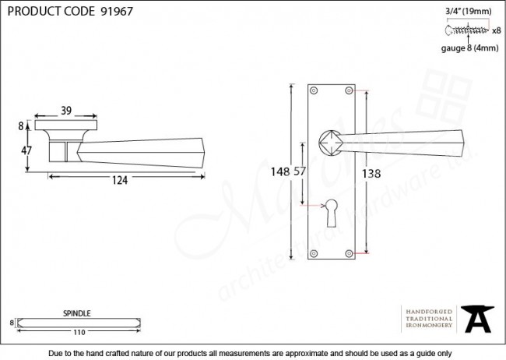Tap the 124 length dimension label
coord(120,181)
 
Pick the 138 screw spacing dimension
coord(372,174)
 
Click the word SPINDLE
coord(76,313)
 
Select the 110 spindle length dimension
coord(78,333)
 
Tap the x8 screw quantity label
coord(496,31)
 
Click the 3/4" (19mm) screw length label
coord(468,10)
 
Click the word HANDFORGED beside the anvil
coord(428,310)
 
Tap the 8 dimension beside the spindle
coord(12,322)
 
